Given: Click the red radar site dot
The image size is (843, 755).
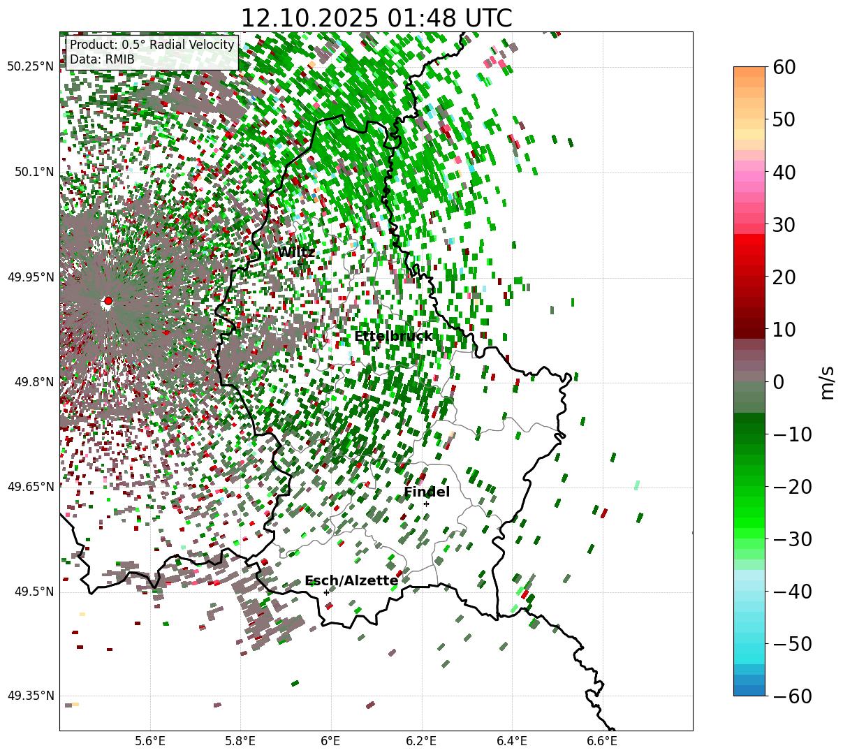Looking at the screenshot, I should [x=108, y=301].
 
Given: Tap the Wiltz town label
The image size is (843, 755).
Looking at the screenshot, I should [x=296, y=252].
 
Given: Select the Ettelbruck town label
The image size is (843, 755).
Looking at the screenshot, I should [x=393, y=337].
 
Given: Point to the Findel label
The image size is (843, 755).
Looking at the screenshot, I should [x=427, y=492].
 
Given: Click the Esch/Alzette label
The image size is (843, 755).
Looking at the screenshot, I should [x=351, y=580].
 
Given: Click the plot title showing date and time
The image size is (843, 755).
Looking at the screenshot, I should [x=376, y=18].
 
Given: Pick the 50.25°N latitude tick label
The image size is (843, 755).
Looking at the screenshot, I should [x=31, y=66].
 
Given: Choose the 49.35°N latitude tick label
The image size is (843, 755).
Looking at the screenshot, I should [x=31, y=696].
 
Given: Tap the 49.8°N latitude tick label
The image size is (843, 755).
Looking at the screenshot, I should [x=34, y=382].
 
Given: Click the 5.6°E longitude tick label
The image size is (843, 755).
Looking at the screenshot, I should [x=150, y=740].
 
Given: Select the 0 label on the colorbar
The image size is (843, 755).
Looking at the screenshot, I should [x=778, y=382].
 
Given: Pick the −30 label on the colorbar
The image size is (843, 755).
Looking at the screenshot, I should [x=793, y=539].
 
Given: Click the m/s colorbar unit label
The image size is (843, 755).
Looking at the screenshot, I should [x=827, y=382].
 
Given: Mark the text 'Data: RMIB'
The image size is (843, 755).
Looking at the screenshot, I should [x=102, y=59].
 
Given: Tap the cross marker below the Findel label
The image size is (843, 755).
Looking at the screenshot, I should [x=426, y=504].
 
